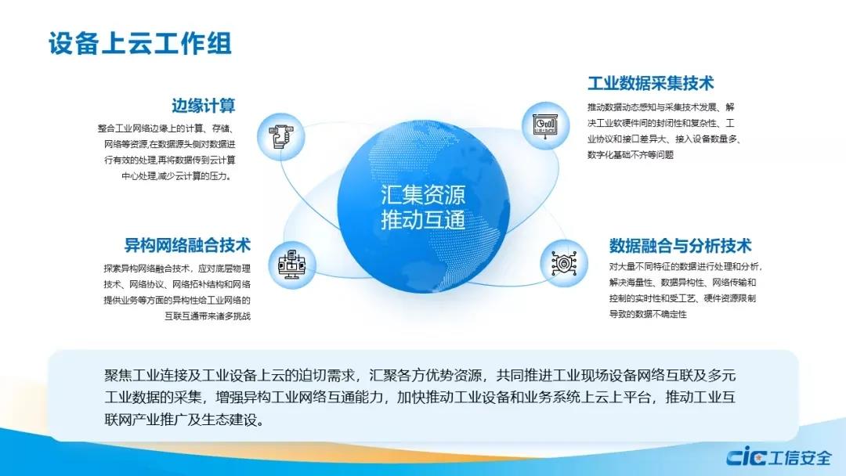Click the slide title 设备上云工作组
point(140,43)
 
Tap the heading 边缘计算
point(204,106)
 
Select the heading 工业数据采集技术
point(651,83)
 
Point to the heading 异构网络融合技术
point(187,245)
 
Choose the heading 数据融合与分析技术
point(681,246)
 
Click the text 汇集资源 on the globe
point(423,195)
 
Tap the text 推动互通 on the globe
point(423,220)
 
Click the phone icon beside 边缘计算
point(281,136)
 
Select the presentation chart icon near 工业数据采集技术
point(544,125)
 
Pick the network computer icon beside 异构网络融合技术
point(292,264)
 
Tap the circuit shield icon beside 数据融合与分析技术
point(564,263)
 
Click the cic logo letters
point(747,457)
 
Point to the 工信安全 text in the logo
point(800,458)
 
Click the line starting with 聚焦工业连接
point(420,375)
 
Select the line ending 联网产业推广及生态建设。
point(185,420)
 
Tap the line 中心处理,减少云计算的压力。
point(178,175)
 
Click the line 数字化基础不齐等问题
point(631,155)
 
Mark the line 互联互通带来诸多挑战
point(208,316)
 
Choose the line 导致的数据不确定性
point(648,314)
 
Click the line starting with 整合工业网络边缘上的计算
point(166,128)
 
